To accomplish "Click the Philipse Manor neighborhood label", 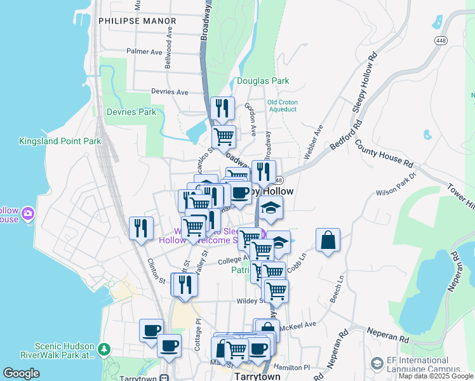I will [x=137, y=21].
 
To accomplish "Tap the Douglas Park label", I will [x=263, y=81].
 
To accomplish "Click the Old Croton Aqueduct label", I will [x=282, y=105].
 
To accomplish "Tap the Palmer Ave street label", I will [x=145, y=51].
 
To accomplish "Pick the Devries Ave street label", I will [x=170, y=92].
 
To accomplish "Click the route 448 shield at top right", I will [x=441, y=40].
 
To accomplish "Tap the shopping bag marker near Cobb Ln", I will [x=328, y=240].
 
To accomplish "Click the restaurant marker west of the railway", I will [x=142, y=228].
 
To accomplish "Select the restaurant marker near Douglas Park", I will [x=222, y=109].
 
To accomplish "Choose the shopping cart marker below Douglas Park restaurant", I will [x=223, y=137].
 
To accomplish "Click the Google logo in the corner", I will [x=21, y=373].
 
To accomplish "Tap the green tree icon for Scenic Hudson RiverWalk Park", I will [x=104, y=350].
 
